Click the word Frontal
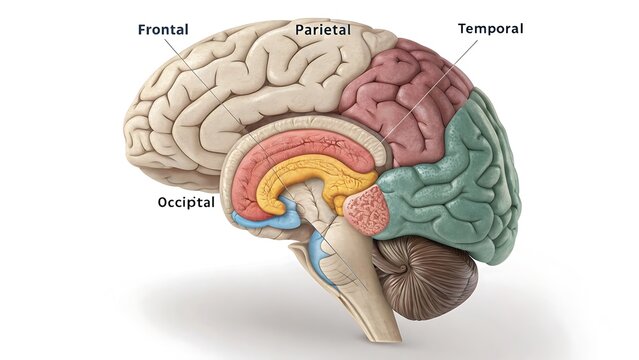click(x=164, y=30)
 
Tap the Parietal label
click(x=322, y=30)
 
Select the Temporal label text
click(x=490, y=28)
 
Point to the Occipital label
click(x=186, y=202)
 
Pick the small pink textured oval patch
click(x=366, y=209)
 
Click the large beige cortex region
click(x=220, y=100)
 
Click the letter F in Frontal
click(x=142, y=30)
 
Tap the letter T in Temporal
click(x=462, y=28)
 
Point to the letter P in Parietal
click(x=299, y=30)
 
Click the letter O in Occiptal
click(x=163, y=202)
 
